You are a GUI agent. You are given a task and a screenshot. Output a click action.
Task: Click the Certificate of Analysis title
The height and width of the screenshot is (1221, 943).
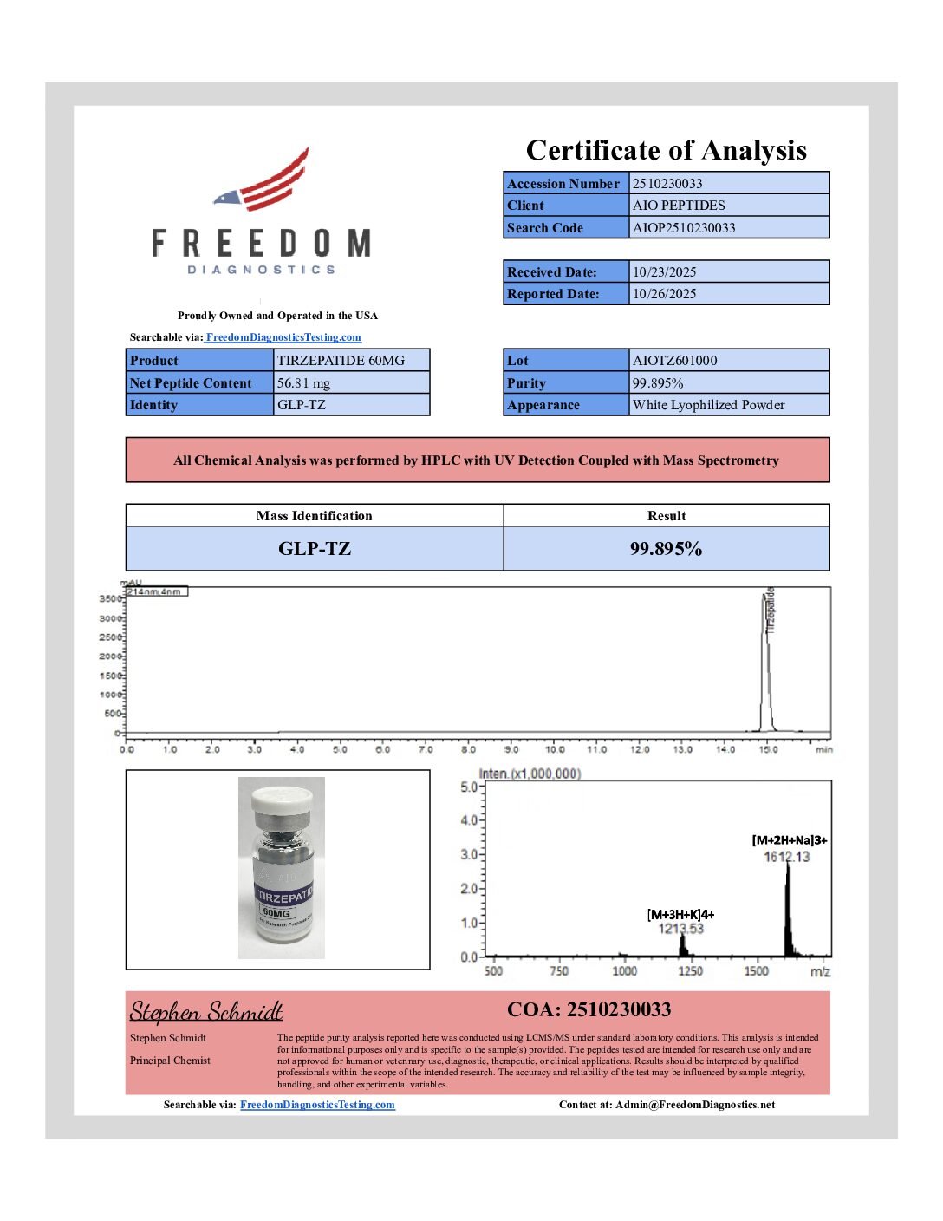pos(666,150)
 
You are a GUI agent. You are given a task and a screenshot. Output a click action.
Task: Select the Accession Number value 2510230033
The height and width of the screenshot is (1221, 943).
pos(667,183)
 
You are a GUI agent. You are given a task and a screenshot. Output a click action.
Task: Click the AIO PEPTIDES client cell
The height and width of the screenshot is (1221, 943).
pos(679,206)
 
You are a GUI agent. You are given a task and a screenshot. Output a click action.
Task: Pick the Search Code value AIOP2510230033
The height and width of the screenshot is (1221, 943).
pos(684,228)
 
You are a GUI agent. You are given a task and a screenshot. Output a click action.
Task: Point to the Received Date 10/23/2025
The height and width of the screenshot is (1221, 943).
pos(664,271)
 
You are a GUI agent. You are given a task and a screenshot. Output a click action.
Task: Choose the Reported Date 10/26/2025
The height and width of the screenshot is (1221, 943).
pos(664,294)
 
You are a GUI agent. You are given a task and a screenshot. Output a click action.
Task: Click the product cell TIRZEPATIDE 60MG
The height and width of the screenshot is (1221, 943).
pos(341,361)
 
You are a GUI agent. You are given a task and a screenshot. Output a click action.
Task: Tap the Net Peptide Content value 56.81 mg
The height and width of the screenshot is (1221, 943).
pos(303,383)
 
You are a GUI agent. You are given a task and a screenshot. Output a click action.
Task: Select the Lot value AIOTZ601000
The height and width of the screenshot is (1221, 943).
pos(675,361)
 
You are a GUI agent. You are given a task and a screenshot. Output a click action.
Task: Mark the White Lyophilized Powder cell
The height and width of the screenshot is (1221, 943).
pos(708,405)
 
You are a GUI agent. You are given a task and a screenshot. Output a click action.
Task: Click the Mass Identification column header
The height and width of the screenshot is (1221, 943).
pos(314,516)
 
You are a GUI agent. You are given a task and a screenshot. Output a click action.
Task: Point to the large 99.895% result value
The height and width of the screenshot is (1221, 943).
pos(666,549)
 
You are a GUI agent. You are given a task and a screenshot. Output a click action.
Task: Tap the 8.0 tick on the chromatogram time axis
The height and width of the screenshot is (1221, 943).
pos(469,749)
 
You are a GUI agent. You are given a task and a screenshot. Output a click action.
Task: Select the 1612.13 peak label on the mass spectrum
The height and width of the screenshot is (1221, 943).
pos(786,857)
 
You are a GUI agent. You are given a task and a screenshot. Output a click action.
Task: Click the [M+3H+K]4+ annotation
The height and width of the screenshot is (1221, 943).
pos(680,915)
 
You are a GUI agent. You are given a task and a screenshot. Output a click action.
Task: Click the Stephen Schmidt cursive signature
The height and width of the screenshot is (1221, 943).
pos(206,1012)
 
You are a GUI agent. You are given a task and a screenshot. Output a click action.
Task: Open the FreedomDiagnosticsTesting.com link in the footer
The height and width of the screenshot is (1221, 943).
pos(317,1105)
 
